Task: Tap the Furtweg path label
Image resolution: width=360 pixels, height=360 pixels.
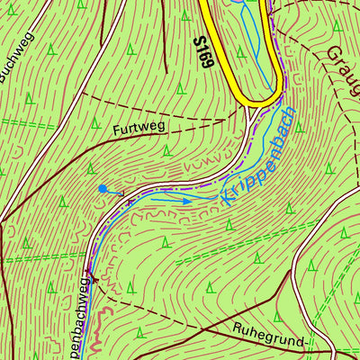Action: pos(139,128)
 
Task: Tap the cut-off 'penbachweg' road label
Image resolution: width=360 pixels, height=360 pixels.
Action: pos(79,319)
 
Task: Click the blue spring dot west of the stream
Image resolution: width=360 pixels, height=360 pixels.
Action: pos(103,189)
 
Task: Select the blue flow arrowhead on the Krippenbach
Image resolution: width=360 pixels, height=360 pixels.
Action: pos(186,202)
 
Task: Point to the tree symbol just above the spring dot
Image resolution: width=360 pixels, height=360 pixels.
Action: pos(92,168)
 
